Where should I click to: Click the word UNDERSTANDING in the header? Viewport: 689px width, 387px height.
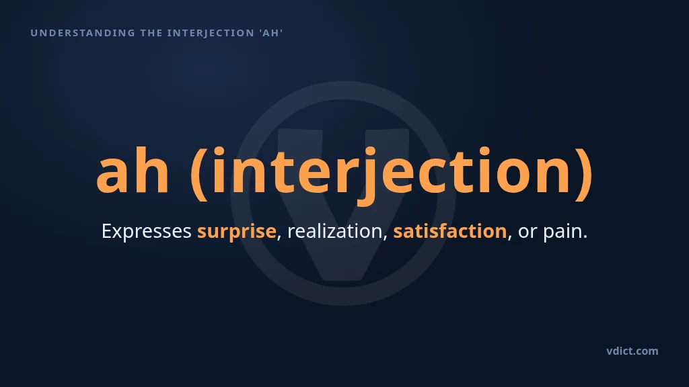point(83,33)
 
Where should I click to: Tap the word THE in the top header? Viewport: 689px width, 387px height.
point(151,33)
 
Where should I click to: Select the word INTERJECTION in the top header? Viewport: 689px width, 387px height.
point(211,33)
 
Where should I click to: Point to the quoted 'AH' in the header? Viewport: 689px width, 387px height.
point(270,33)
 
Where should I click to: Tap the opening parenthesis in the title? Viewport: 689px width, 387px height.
point(199,173)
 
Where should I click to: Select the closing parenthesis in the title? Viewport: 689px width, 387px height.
point(585,173)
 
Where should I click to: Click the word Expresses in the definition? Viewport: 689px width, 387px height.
point(146,231)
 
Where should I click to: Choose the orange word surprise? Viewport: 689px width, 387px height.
point(236,231)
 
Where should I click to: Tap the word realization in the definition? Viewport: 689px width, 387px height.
point(334,231)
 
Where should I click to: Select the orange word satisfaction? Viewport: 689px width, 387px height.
point(450,231)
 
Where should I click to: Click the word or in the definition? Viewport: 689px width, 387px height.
point(528,232)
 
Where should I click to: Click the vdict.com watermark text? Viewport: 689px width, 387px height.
point(632,351)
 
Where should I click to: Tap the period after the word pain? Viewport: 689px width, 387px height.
point(585,237)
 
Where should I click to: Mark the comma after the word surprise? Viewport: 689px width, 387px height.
point(279,238)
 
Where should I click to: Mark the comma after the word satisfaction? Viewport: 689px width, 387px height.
point(510,238)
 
